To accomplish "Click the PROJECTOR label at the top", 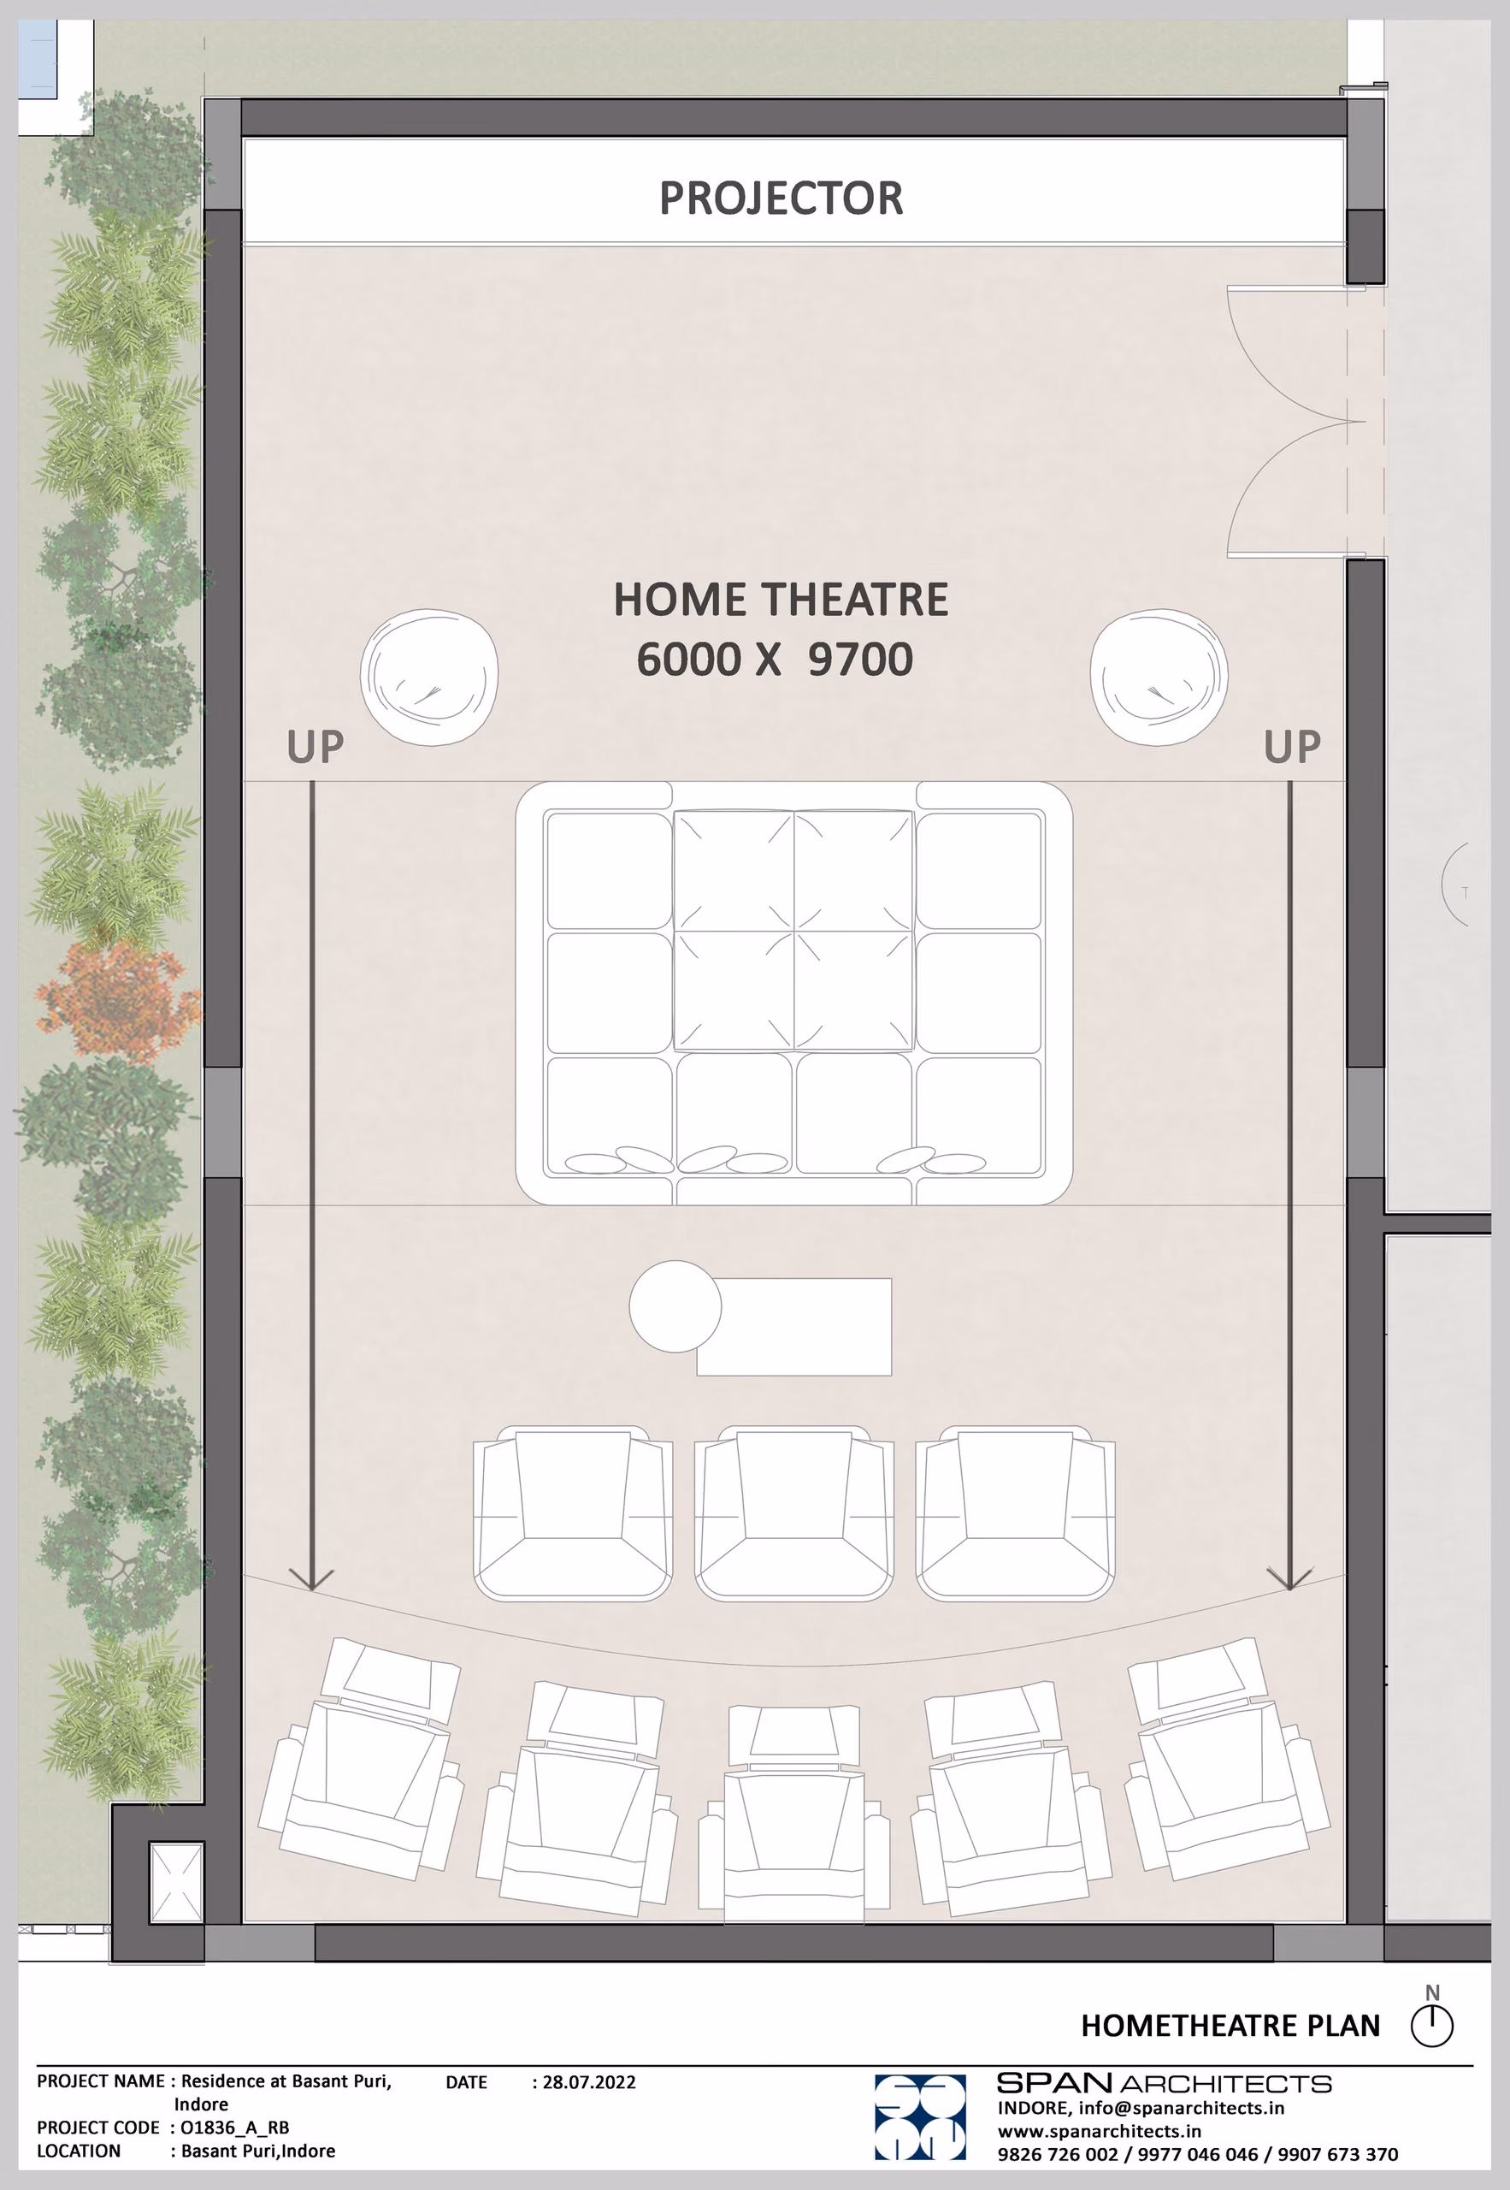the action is (x=781, y=198).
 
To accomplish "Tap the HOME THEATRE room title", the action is (x=781, y=599).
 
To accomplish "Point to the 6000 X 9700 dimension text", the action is (x=775, y=659).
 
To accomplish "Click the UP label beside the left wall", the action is (x=315, y=747).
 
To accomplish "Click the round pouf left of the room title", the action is (x=428, y=677).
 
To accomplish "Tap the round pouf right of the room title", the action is (x=1159, y=677).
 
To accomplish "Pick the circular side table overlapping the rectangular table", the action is (x=675, y=1306).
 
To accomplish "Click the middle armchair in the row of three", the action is (x=793, y=1512).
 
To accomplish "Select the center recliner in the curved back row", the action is (x=793, y=1814).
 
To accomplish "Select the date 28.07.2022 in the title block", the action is (x=588, y=2082).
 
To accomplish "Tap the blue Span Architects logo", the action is (x=920, y=2117).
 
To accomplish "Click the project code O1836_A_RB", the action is (x=234, y=2128).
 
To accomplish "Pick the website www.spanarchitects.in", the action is (x=1100, y=2131).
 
